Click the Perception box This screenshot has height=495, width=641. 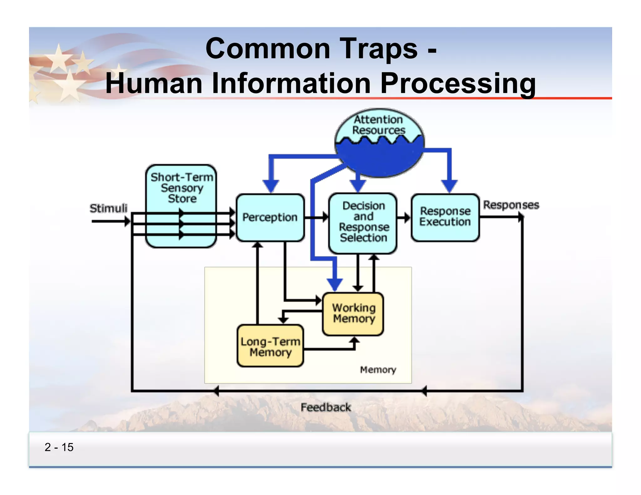(x=270, y=217)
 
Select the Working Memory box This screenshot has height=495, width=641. (x=353, y=314)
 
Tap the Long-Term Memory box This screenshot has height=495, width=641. (x=270, y=346)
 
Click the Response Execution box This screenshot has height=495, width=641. (x=445, y=217)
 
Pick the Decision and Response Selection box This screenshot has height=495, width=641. (x=363, y=222)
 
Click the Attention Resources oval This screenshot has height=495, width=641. (x=379, y=142)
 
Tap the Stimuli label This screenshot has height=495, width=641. (x=108, y=208)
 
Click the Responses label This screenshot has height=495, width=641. (x=511, y=205)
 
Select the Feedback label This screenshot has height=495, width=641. (x=326, y=407)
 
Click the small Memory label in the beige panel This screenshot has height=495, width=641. (x=378, y=370)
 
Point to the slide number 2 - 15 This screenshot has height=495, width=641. (x=59, y=447)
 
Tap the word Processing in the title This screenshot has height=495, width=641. (x=458, y=83)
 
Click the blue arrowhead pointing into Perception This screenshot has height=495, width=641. (x=271, y=186)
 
